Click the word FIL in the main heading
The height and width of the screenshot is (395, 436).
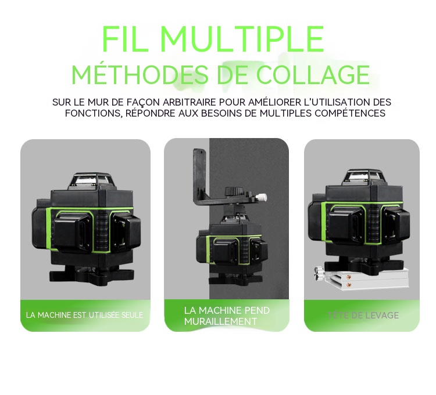pyautogui.click(x=124, y=39)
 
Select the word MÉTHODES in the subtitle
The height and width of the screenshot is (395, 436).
pyautogui.click(x=140, y=75)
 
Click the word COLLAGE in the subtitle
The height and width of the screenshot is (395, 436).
pyautogui.click(x=313, y=75)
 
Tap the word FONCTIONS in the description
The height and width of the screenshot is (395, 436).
pyautogui.click(x=94, y=113)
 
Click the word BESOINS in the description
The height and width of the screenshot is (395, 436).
pyautogui.click(x=224, y=113)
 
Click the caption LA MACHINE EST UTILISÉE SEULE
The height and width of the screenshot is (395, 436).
pyautogui.click(x=85, y=316)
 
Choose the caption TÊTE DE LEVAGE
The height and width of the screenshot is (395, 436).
pyautogui.click(x=363, y=316)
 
